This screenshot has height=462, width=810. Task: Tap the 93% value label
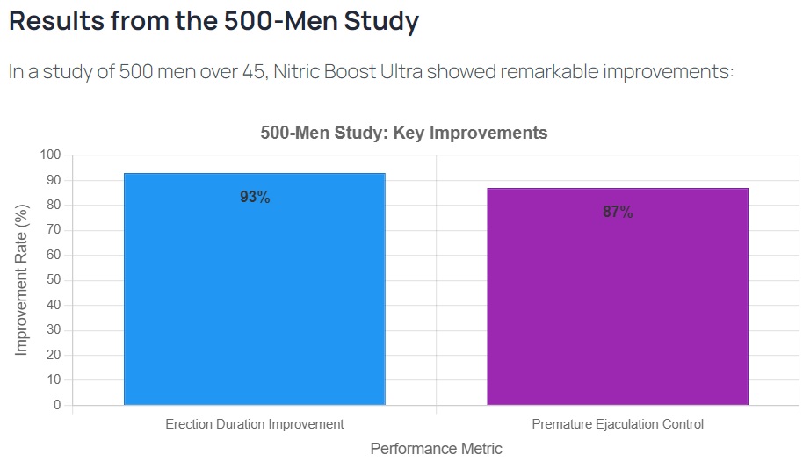(x=255, y=198)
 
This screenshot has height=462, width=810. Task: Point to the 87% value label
(x=618, y=213)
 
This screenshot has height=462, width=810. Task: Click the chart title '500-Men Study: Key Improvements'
(x=404, y=134)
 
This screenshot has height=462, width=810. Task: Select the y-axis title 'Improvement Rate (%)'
(x=22, y=280)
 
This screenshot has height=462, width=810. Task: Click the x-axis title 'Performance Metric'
(x=436, y=449)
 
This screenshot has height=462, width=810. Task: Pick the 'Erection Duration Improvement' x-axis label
(x=255, y=424)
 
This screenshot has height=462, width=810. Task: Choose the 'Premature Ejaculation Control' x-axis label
(x=618, y=424)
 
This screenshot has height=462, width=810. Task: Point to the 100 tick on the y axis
(x=50, y=155)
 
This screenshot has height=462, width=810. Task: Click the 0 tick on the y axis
(x=57, y=406)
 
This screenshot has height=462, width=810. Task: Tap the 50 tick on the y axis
(x=54, y=280)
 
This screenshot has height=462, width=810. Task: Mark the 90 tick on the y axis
(x=54, y=180)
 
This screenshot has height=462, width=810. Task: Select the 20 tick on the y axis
(x=54, y=356)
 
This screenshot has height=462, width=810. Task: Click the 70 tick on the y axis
(x=54, y=230)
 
